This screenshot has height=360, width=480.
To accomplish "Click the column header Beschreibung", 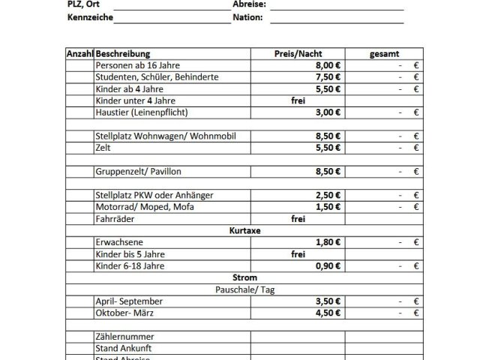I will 123,54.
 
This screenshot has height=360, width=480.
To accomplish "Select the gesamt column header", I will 384,54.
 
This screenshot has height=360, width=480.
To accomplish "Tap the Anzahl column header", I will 79,54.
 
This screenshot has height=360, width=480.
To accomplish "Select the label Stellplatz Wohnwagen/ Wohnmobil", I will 155,136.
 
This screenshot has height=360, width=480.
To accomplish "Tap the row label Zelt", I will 103,148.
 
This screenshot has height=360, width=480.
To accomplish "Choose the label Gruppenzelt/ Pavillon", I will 139,172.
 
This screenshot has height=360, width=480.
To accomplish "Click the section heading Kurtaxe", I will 243,231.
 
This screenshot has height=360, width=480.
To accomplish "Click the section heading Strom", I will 243,277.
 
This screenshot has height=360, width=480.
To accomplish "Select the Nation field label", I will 247,16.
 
